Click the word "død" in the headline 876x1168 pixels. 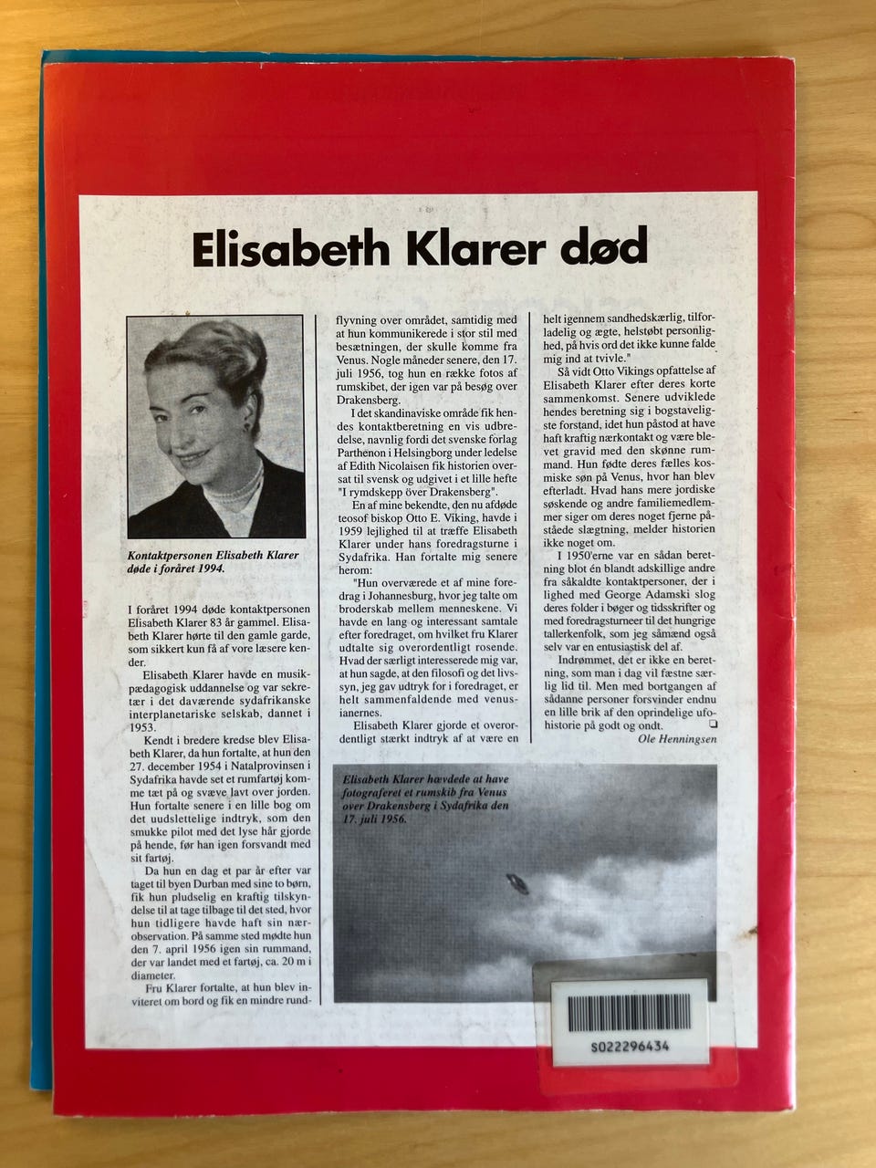click(610, 246)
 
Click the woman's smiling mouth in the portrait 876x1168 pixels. click(198, 454)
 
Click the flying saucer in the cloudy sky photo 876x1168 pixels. click(516, 882)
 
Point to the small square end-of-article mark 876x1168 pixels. click(713, 724)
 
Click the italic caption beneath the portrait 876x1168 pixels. click(214, 561)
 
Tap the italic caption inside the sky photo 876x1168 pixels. click(422, 798)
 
